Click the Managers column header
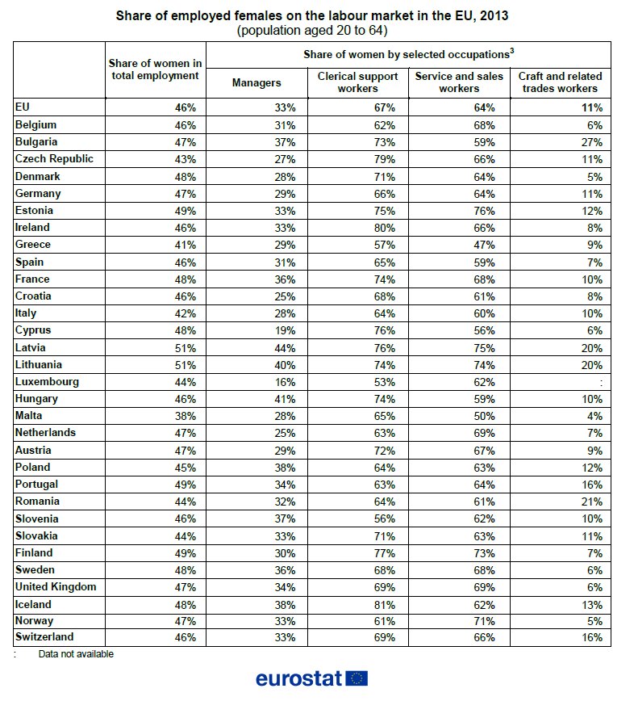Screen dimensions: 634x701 coord(257,82)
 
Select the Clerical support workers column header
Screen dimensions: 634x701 coord(357,82)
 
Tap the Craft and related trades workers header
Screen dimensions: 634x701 coord(560,82)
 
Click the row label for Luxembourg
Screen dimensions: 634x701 coord(47,382)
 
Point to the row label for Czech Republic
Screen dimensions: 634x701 coord(54,159)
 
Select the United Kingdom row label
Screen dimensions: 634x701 coord(56,586)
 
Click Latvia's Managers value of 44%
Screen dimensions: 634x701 coord(285,348)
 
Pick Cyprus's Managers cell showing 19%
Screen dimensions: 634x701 coord(285,331)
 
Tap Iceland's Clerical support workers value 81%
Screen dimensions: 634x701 coord(385,605)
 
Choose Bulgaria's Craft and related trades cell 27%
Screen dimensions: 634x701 coord(592,142)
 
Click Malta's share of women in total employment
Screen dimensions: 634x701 coord(186,416)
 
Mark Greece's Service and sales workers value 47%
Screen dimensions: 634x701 coord(485,245)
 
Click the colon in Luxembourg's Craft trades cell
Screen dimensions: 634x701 coord(602,383)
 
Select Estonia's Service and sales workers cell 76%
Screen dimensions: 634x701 coord(485,211)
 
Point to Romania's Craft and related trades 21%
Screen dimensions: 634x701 coord(592,502)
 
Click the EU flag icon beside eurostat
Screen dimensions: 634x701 coord(357,678)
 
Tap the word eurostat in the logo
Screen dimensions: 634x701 coord(298,678)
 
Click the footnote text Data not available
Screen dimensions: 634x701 coord(76,654)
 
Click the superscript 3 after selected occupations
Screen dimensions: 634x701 coord(512,51)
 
